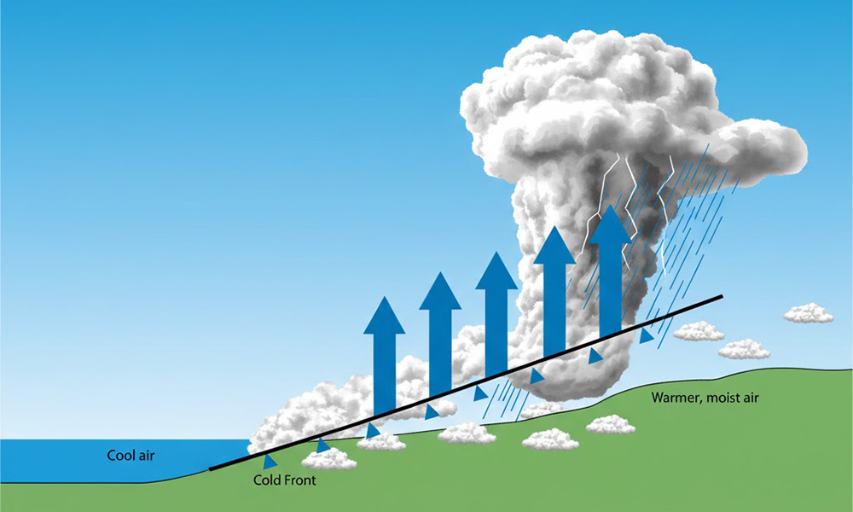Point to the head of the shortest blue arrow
point(384,316)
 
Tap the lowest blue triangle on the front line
point(270,462)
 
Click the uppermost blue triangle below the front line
point(647,335)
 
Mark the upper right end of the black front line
point(722,297)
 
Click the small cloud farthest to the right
point(808,314)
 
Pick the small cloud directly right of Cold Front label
point(329,459)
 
